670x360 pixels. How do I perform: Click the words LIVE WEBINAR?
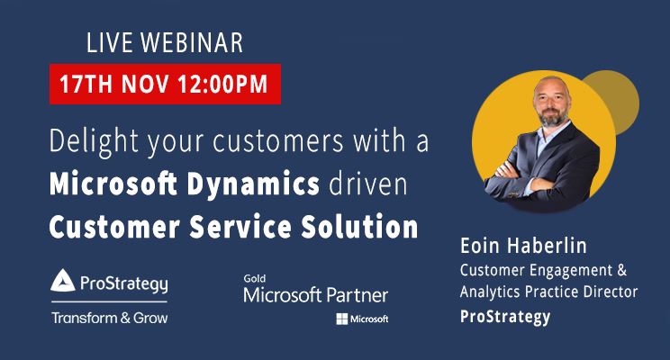tap(164, 42)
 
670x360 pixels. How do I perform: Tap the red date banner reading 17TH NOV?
tap(164, 85)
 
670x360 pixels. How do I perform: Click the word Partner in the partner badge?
tap(356, 294)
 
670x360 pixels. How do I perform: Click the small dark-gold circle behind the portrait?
tap(612, 103)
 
